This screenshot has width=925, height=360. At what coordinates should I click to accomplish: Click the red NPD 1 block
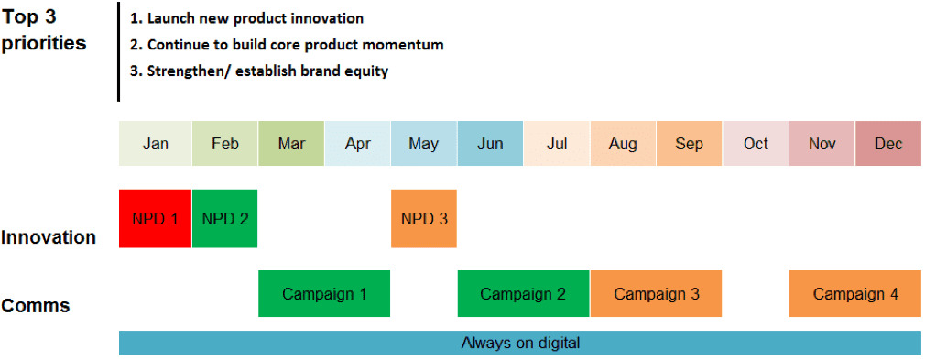(x=155, y=218)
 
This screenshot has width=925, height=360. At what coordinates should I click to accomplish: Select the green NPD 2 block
(x=224, y=218)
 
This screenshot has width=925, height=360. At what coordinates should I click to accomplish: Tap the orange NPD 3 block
(x=423, y=218)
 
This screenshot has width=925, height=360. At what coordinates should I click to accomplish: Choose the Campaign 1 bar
(x=324, y=293)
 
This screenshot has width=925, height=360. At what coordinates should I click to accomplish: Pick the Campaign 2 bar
(x=523, y=293)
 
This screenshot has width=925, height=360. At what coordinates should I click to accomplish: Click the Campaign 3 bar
(x=656, y=293)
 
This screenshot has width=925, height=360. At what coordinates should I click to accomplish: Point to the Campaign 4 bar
(x=855, y=293)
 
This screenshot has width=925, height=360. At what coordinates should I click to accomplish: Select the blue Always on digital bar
(x=520, y=343)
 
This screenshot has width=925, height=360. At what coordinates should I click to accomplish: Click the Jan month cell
(x=155, y=144)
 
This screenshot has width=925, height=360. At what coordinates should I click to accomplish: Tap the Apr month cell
(x=357, y=144)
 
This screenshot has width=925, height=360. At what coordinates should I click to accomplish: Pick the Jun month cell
(x=490, y=144)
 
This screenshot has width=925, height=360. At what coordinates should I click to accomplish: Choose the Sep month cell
(x=689, y=144)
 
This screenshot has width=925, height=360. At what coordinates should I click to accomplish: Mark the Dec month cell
(x=888, y=144)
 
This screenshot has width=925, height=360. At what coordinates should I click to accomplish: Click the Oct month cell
(x=756, y=144)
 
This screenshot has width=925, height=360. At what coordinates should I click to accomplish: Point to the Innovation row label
(x=49, y=237)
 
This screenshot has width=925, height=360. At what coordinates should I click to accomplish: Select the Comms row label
(x=36, y=306)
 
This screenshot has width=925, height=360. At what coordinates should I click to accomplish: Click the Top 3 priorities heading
(x=44, y=30)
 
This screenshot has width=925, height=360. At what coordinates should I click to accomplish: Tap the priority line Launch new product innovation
(x=247, y=18)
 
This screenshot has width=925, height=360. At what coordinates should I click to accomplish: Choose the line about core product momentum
(x=288, y=45)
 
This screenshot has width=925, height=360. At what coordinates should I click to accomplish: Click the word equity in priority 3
(x=369, y=72)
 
